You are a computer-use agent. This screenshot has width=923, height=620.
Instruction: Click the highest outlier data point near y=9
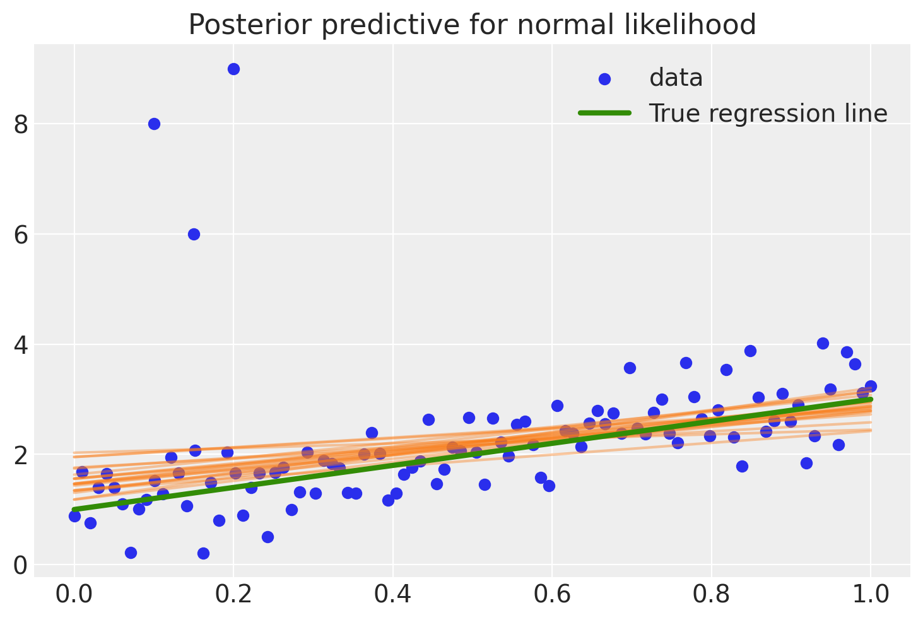tap(233, 69)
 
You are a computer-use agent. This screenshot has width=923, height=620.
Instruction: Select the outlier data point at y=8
tap(154, 124)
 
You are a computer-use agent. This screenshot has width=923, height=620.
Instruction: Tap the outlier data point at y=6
tap(194, 234)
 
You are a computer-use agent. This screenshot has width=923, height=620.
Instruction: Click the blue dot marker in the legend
tap(604, 79)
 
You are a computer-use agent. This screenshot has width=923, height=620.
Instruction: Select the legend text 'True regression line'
tap(768, 114)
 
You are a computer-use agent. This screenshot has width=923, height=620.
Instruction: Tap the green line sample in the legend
tap(604, 113)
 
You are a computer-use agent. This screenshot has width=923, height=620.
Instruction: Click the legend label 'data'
tap(676, 78)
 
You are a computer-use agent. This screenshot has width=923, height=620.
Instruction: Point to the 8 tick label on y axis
tap(21, 124)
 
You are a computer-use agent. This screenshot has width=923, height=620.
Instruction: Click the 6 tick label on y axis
tap(21, 235)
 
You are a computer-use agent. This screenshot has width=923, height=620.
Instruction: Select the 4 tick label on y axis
tap(21, 345)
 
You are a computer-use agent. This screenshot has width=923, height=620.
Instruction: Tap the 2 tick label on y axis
tap(21, 455)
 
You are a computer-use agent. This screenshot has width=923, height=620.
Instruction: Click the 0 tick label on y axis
tap(21, 565)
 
